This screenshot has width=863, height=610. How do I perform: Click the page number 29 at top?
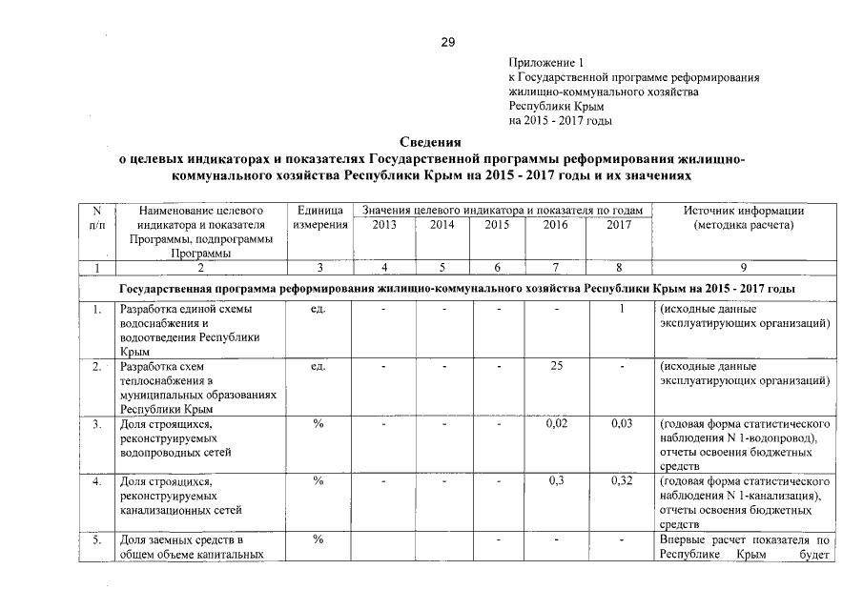[448, 41]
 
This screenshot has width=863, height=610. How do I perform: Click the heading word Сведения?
[430, 142]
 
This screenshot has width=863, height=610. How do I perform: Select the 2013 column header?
[382, 225]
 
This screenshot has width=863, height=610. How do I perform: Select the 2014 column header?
[442, 225]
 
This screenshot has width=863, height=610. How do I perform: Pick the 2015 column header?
[497, 225]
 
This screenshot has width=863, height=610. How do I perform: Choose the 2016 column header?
[555, 225]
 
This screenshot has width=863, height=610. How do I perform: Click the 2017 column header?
[619, 225]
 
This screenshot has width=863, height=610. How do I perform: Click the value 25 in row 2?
[556, 366]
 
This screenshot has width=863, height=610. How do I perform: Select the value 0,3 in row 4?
[556, 481]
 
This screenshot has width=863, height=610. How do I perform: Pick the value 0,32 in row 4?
[621, 481]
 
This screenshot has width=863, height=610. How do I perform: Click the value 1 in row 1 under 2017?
[621, 309]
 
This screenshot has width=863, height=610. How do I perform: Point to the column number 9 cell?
[744, 268]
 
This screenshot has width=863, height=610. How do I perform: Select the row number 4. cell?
[97, 481]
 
